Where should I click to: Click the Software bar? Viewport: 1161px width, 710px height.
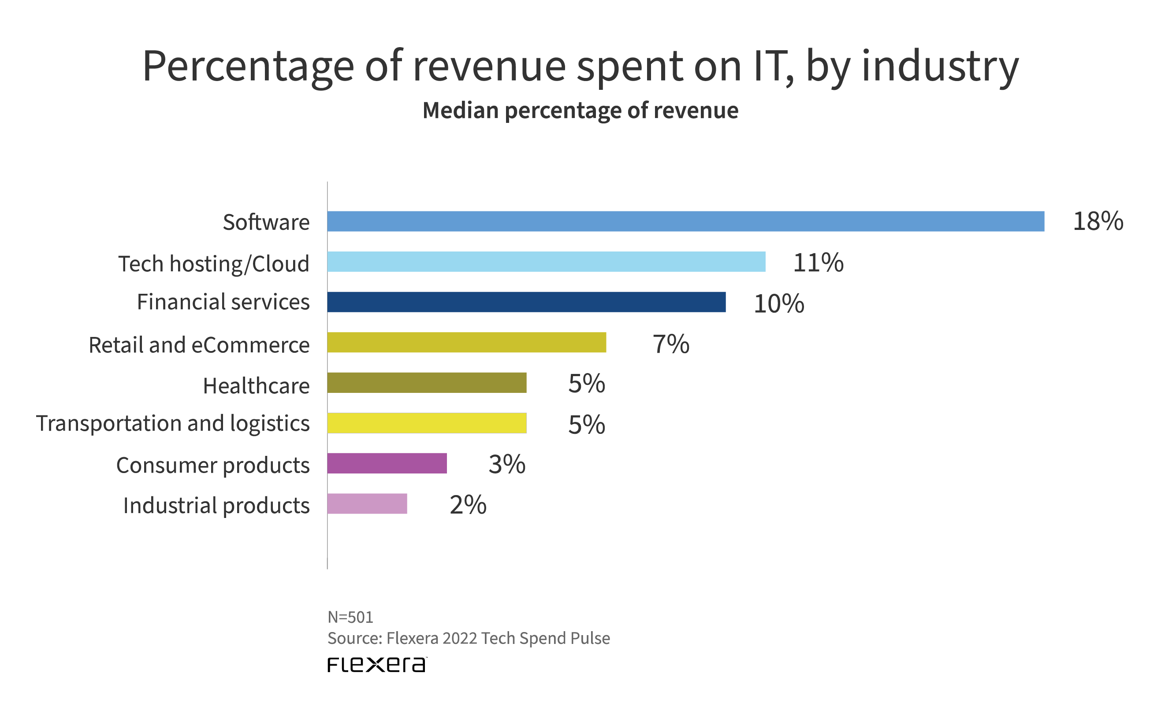click(x=685, y=221)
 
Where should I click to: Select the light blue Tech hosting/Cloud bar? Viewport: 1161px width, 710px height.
click(x=546, y=262)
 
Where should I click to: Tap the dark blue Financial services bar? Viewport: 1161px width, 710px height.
click(x=526, y=302)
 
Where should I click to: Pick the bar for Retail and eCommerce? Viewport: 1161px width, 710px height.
click(x=466, y=342)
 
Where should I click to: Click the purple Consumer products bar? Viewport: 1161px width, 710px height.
click(x=387, y=463)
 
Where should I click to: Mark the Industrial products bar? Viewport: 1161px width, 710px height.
click(x=367, y=504)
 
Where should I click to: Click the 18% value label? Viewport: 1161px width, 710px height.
click(x=1098, y=221)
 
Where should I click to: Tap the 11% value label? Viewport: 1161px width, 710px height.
click(x=818, y=262)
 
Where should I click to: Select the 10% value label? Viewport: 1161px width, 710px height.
click(x=778, y=303)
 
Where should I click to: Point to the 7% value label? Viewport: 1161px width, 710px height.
click(x=670, y=344)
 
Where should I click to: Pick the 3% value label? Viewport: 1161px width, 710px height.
click(x=506, y=464)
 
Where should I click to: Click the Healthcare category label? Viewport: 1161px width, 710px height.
click(x=257, y=385)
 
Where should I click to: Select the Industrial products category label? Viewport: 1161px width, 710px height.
click(x=216, y=506)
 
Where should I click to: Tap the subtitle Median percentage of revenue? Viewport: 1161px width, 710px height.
click(x=580, y=111)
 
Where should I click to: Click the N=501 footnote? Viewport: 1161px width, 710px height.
click(x=350, y=617)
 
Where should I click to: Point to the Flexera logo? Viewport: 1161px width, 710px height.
click(x=377, y=665)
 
